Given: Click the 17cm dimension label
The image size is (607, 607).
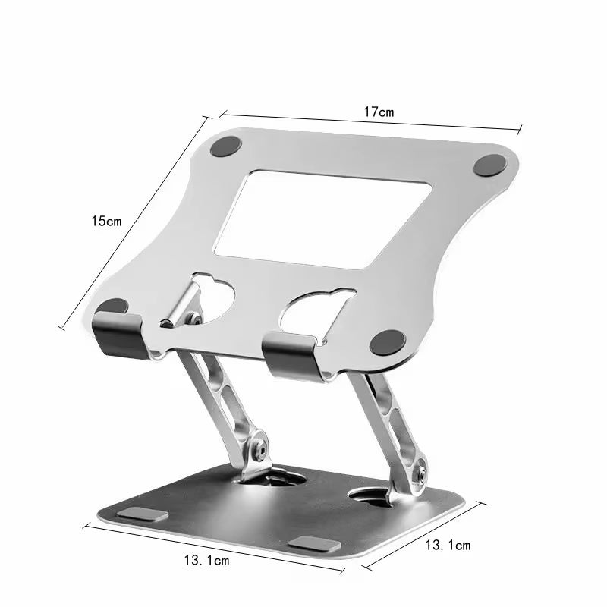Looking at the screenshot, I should tap(378, 112).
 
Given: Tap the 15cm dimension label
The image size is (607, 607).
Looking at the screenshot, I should tap(105, 222).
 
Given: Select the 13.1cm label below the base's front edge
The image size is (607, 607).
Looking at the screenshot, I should tap(206, 561).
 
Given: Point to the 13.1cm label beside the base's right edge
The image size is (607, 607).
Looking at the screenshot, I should tap(448, 545).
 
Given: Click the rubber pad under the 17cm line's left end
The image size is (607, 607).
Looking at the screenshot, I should tap(225, 146).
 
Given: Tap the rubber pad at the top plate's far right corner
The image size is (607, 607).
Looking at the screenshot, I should tap(490, 165).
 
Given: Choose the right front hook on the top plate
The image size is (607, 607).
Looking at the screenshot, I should tap(293, 354).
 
